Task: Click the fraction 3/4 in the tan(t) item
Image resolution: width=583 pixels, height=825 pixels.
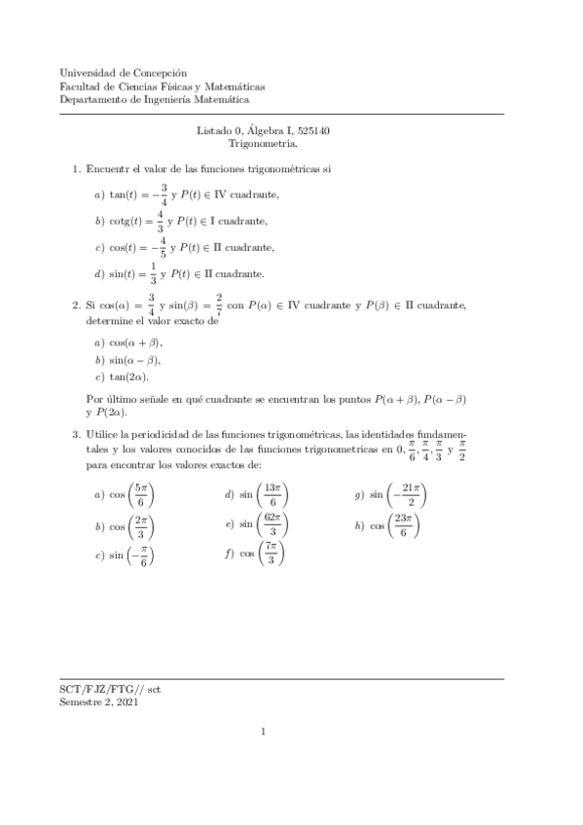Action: tap(164, 195)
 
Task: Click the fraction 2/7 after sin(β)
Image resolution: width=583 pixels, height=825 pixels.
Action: tap(220, 305)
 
